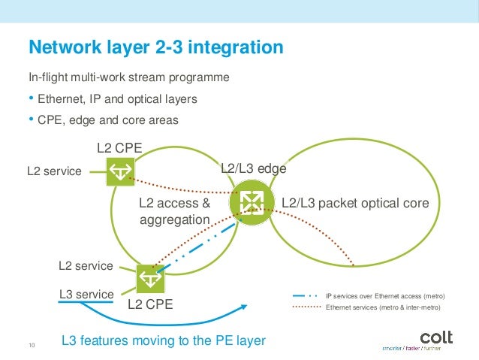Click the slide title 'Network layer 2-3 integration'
155,48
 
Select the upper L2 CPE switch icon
119,172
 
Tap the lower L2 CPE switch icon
150,278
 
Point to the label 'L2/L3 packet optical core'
354,203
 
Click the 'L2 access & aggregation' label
174,211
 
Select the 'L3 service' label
86,294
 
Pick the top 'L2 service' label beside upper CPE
54,171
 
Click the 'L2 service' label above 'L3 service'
86,266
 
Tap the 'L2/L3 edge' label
253,169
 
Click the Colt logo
435,338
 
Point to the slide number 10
32,345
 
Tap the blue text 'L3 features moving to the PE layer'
164,340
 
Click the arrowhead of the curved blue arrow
245,305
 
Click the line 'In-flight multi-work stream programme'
128,77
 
